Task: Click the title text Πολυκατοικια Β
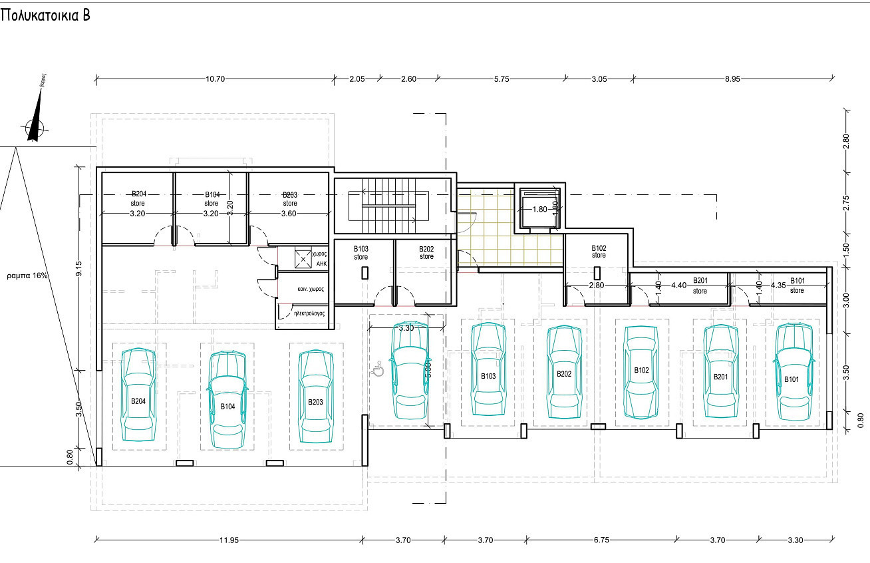coord(45,16)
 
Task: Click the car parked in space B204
coord(138,393)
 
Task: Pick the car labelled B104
coord(227,399)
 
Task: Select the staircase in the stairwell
coord(389,201)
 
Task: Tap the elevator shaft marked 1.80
coord(539,209)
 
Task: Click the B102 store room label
coord(599,251)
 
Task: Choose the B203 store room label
coord(289,199)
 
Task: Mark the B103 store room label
coord(361,252)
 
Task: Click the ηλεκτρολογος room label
coord(302,311)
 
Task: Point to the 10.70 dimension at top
coord(216,79)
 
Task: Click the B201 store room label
coord(700,285)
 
